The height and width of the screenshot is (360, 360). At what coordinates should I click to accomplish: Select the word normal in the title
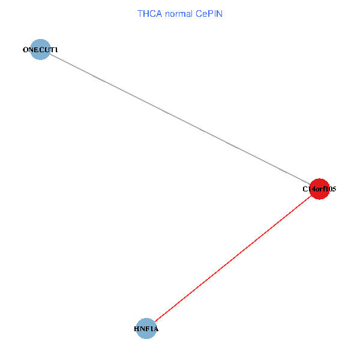coord(179,14)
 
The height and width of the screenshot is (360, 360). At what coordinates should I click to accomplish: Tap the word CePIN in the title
coord(209,14)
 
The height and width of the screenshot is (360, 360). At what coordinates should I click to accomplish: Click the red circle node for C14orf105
coord(319,189)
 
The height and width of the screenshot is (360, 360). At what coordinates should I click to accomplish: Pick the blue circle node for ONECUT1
coord(40,49)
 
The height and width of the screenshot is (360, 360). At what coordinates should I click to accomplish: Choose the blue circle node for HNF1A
coord(146,329)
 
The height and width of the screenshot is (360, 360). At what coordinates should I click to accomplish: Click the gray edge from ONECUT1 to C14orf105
coord(180,119)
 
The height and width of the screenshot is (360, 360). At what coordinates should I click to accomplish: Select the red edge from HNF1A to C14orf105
coord(233,259)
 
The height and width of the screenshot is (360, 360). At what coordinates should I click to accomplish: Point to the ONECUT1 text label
coord(40,50)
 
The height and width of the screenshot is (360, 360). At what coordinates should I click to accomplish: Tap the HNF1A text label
coord(146,329)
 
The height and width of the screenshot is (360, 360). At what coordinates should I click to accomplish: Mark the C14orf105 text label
coord(319,189)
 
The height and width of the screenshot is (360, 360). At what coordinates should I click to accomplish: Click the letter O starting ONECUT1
coord(25,50)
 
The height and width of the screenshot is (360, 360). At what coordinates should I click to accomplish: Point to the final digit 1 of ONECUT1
coord(56,50)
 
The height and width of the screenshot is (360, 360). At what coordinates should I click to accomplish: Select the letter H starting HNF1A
coord(137,329)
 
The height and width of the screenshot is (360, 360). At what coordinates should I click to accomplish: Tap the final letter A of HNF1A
coord(155,329)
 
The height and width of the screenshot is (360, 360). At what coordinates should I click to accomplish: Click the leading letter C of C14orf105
coord(305,189)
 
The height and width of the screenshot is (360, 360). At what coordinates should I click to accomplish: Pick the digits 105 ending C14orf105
coord(331,189)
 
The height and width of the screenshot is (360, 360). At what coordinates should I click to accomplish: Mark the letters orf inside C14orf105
coord(320,189)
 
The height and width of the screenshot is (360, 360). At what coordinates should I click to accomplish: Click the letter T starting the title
coord(140,14)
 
